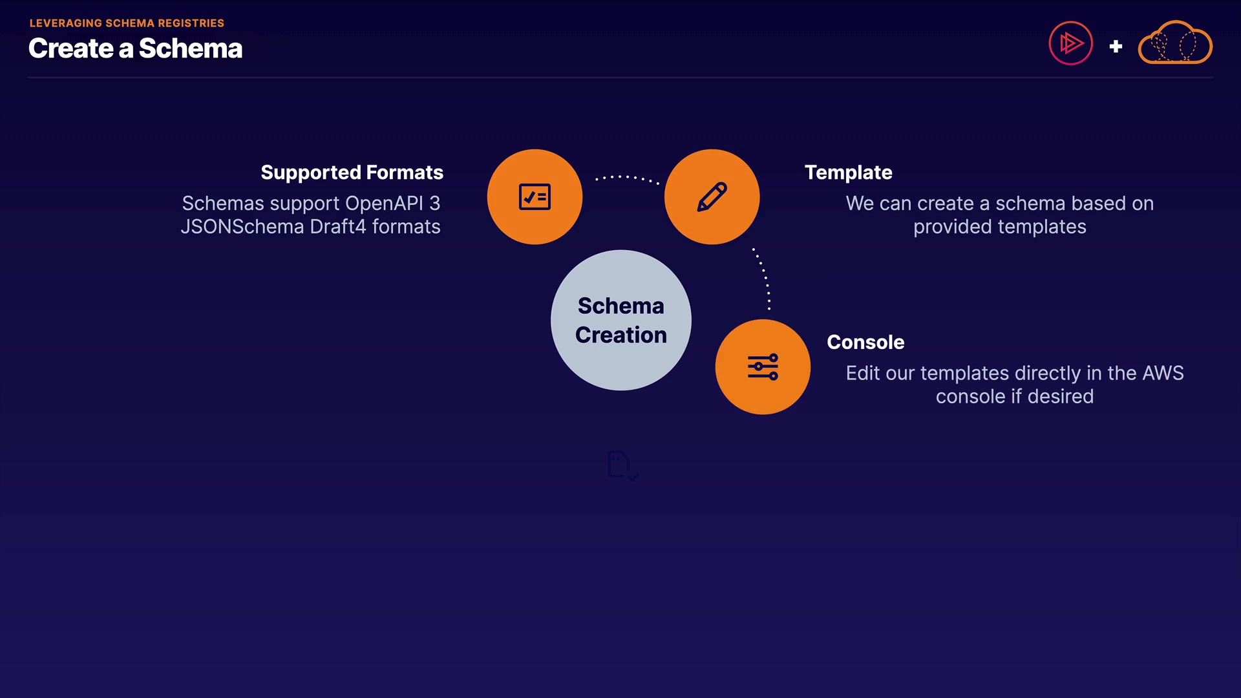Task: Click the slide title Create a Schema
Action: click(x=135, y=48)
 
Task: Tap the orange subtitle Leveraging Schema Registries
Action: click(x=127, y=23)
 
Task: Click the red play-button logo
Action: click(x=1070, y=43)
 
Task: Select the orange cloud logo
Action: click(x=1175, y=43)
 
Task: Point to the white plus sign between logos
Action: click(x=1116, y=47)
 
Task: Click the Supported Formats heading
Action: click(x=352, y=173)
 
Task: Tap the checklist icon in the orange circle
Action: click(x=535, y=197)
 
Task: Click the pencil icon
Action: click(x=712, y=197)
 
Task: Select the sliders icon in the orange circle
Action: click(x=763, y=367)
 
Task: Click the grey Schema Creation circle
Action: click(x=621, y=320)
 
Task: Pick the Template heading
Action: click(x=848, y=173)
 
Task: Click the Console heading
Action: click(x=865, y=342)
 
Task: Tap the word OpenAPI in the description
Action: click(x=384, y=204)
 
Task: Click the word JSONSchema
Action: click(x=242, y=227)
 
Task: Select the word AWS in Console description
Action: click(x=1163, y=374)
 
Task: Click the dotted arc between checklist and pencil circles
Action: click(x=626, y=177)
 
